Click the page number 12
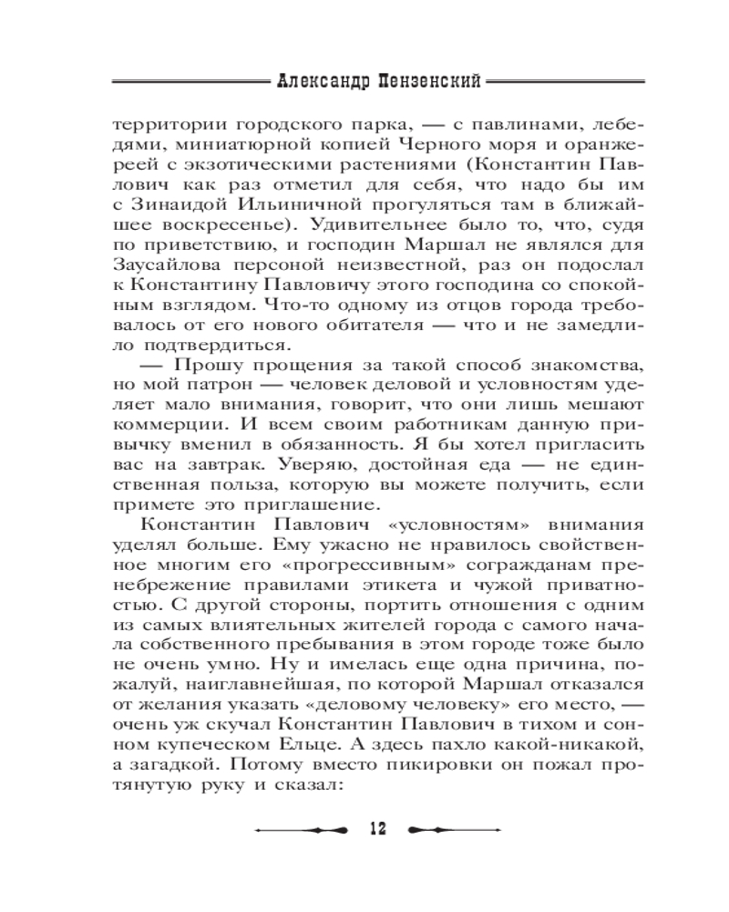tap(376, 828)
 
